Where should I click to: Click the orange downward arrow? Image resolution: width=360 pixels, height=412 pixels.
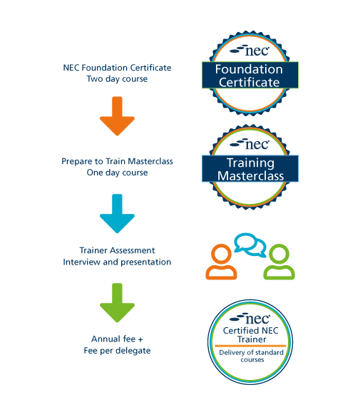pos(117,116)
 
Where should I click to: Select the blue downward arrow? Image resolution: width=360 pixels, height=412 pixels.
pos(117,213)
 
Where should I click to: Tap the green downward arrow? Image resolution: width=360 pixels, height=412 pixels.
pos(117,302)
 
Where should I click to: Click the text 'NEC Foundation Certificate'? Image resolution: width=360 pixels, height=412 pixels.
pos(117,68)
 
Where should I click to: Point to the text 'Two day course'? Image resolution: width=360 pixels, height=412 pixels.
pos(117,79)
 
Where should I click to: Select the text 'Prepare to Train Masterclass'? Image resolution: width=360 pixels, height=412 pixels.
pos(117,161)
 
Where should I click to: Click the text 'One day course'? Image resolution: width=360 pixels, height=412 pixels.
pos(117,172)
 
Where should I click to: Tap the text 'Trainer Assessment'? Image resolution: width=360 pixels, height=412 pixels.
pos(117,250)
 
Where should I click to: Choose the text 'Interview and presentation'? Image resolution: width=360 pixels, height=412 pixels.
pos(117,262)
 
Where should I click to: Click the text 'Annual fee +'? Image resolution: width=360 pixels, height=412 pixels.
pos(117,339)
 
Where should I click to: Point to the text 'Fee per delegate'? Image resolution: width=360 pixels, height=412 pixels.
pos(117,351)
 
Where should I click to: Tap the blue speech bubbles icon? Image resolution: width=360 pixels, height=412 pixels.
pos(250,245)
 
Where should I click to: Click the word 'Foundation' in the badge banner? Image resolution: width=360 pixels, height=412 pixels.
pos(249,69)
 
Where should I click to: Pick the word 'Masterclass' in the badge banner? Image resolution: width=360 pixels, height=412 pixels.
pos(251,176)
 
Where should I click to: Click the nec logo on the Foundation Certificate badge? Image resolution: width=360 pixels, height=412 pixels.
pos(250,51)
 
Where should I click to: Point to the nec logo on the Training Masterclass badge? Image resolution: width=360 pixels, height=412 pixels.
pos(250,144)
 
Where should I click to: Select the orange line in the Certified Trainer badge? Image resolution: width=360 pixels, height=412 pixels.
pos(250,346)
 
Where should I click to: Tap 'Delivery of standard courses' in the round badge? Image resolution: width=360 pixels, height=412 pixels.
pos(252,356)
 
